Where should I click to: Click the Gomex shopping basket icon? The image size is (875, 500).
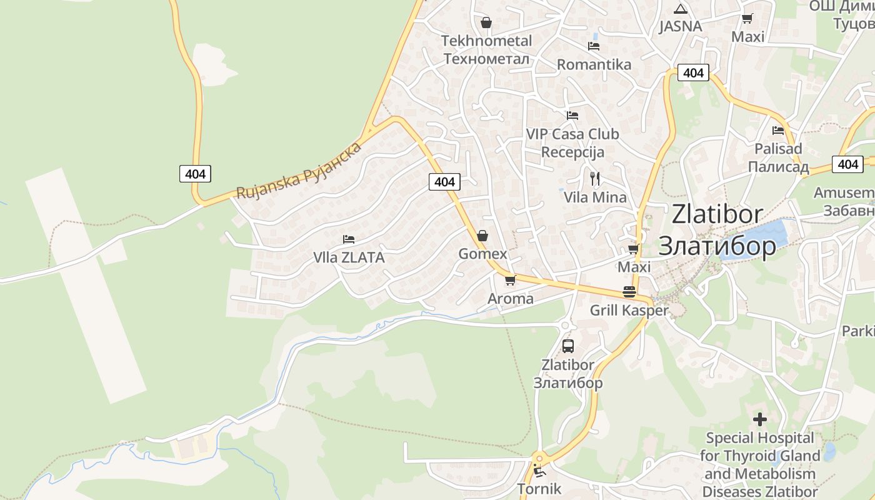(482, 236)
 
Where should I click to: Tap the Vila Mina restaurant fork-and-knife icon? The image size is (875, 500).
(594, 179)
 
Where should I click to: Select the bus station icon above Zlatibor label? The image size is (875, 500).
(567, 346)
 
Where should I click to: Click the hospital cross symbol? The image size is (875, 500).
(760, 419)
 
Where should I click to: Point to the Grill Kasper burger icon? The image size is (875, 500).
(629, 292)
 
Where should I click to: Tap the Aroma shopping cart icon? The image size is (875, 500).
(510, 280)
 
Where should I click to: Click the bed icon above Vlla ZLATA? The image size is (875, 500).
(349, 239)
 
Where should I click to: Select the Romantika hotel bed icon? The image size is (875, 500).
(593, 46)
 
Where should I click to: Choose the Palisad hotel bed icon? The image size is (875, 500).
(777, 131)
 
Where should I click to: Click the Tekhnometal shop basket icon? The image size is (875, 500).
(486, 22)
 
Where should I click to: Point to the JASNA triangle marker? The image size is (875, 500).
(680, 9)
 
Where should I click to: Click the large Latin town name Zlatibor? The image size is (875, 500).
(717, 214)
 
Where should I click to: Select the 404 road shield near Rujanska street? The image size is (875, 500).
(195, 174)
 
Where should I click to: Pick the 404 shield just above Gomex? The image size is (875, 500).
(444, 182)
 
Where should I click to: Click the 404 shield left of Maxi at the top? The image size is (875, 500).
(693, 72)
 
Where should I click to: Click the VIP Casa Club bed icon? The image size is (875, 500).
(572, 115)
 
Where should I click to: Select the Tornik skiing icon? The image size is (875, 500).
(539, 471)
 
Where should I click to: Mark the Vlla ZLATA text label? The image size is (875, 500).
(349, 257)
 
